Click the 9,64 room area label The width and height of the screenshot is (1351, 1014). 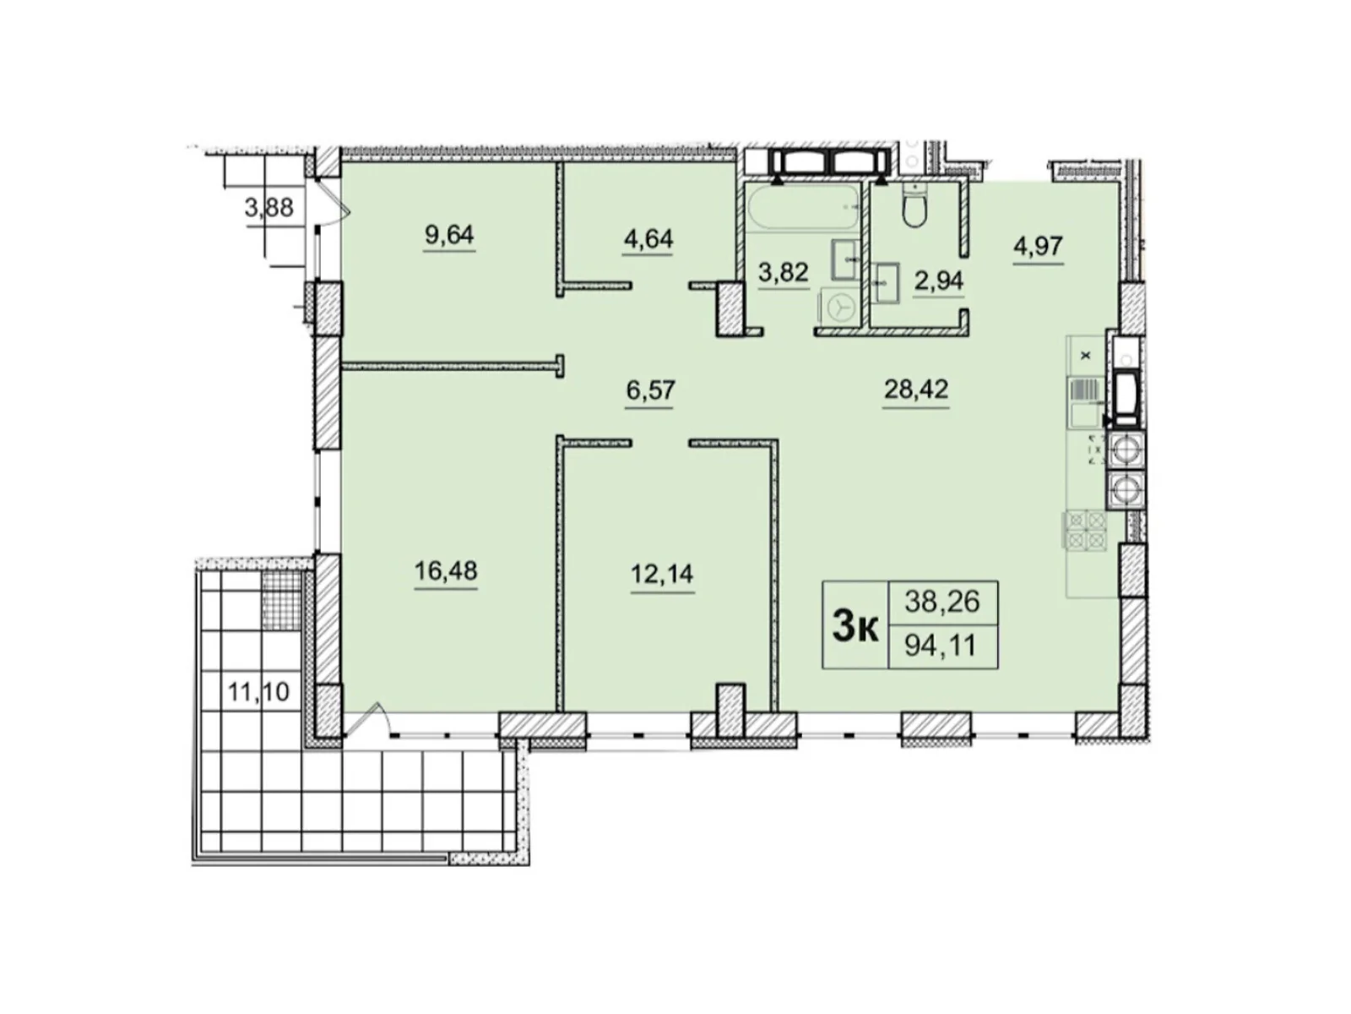448,235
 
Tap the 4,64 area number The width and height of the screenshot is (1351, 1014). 648,238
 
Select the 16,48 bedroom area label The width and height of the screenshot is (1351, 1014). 446,570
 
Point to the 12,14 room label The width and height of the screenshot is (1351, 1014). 662,574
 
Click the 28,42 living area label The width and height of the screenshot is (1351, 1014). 916,389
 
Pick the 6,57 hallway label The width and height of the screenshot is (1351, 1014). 650,390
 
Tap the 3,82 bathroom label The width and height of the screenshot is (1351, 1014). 783,271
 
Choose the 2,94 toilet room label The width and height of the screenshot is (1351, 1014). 938,281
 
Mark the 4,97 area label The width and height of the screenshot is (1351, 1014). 1038,246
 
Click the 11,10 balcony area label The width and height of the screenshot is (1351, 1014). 258,692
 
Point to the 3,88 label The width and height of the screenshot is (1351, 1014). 269,208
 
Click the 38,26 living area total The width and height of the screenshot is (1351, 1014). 941,601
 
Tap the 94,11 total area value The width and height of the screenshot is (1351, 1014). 941,646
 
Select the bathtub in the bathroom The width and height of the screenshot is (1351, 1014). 803,209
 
